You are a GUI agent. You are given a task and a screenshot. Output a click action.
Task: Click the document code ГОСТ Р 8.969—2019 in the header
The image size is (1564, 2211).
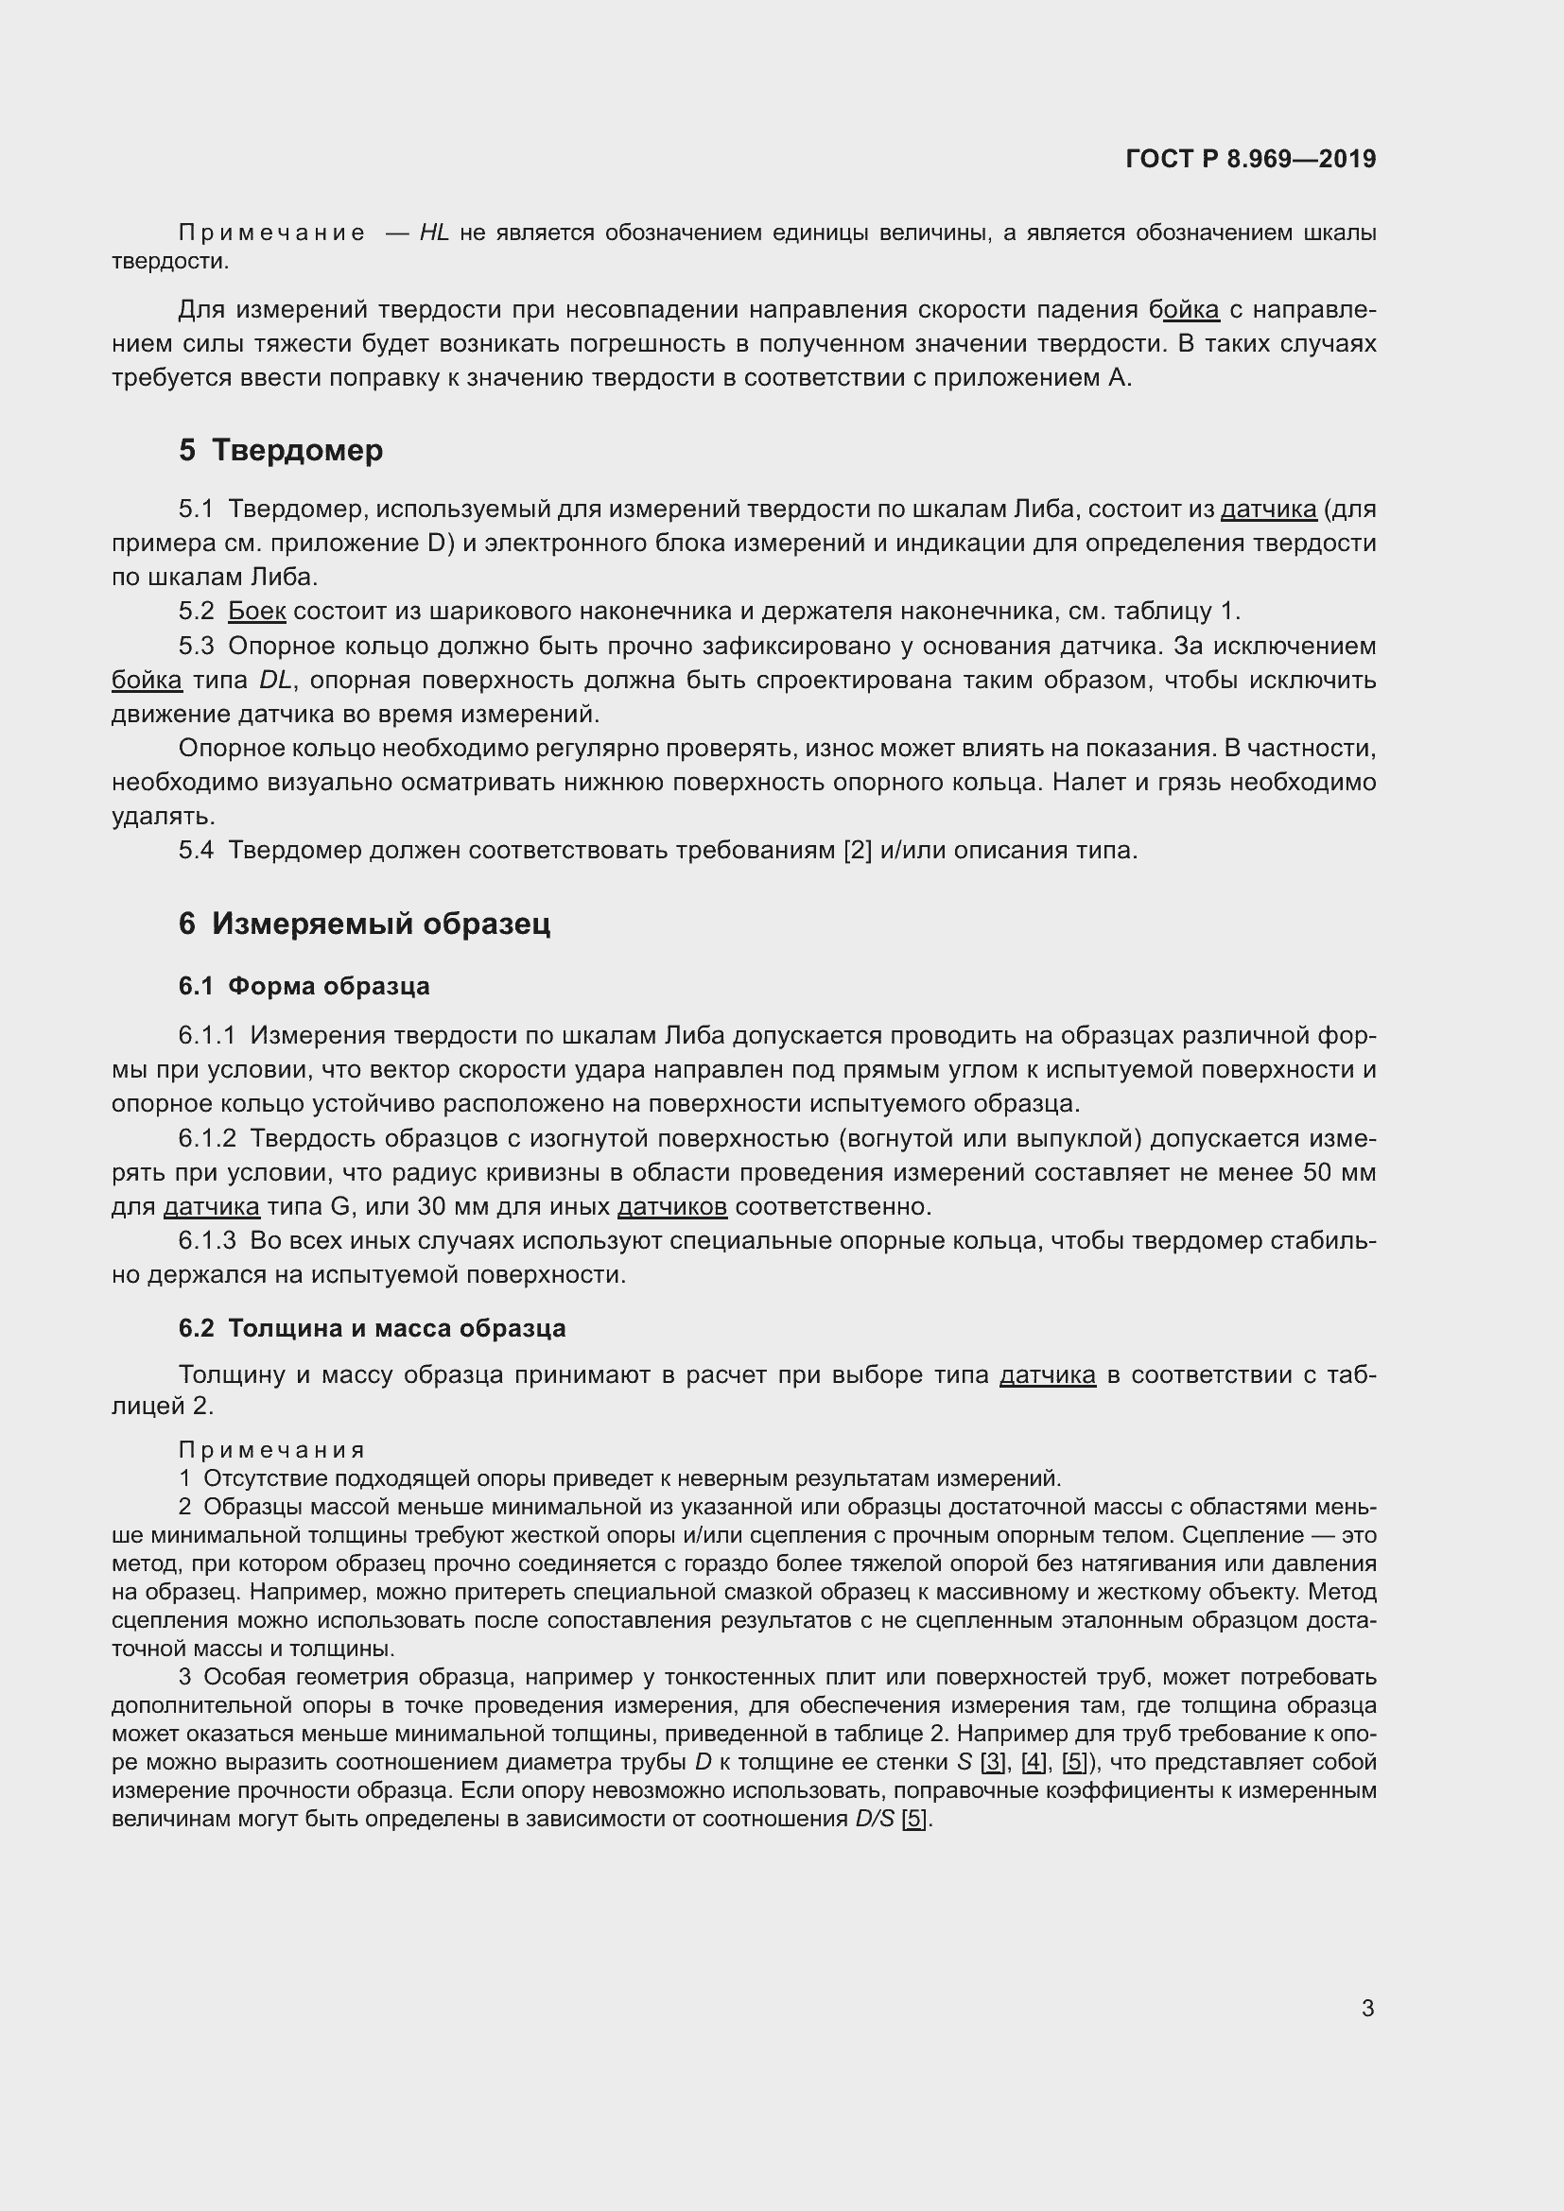[1250, 159]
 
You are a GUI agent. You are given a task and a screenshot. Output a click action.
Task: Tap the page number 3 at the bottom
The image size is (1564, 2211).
[1367, 2008]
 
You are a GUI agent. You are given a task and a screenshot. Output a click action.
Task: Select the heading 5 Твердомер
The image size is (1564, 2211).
[280, 450]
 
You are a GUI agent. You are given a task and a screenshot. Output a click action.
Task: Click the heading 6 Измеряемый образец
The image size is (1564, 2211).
[364, 924]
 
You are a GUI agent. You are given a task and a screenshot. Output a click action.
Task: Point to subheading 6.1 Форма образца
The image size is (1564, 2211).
[304, 986]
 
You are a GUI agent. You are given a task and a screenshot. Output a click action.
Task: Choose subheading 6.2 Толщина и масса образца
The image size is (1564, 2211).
[372, 1328]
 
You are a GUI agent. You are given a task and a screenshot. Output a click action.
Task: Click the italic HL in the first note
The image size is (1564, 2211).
[434, 233]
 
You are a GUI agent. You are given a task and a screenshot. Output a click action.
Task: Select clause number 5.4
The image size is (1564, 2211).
[196, 851]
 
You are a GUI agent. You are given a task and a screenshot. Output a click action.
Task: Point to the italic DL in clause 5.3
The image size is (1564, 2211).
[275, 680]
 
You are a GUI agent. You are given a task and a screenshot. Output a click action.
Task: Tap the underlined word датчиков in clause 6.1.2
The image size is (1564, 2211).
[671, 1206]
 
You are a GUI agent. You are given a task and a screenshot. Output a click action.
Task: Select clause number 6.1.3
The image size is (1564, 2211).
[207, 1240]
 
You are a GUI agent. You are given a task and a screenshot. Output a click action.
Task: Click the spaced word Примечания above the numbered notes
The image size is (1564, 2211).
[271, 1450]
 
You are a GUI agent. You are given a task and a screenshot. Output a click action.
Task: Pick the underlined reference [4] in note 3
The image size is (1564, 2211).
[1034, 1762]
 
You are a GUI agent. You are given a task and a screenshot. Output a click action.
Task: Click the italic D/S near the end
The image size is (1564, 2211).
[875, 1819]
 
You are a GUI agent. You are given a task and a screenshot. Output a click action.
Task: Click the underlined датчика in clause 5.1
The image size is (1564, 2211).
[1267, 509]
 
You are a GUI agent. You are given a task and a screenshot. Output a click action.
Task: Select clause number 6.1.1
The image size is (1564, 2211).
[207, 1035]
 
